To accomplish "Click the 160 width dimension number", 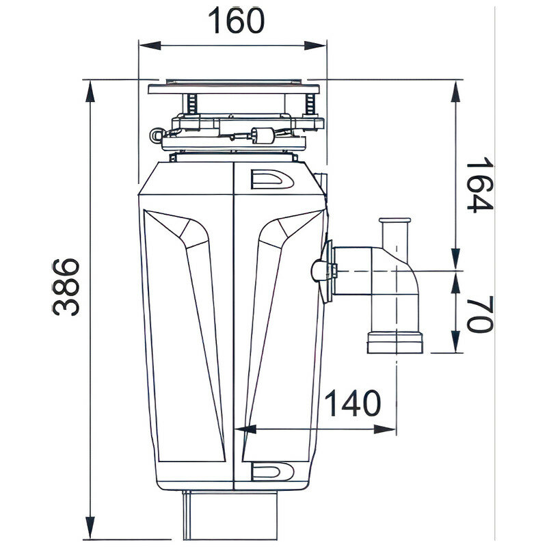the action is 236,21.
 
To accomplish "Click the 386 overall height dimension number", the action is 66,286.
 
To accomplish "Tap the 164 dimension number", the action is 480,185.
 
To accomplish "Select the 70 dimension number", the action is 480,315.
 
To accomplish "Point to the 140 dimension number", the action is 352,403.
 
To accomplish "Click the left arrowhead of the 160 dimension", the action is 150,46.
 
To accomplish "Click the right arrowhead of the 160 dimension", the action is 315,46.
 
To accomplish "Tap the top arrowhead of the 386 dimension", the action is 90,91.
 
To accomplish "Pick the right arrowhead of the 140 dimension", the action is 385,429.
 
